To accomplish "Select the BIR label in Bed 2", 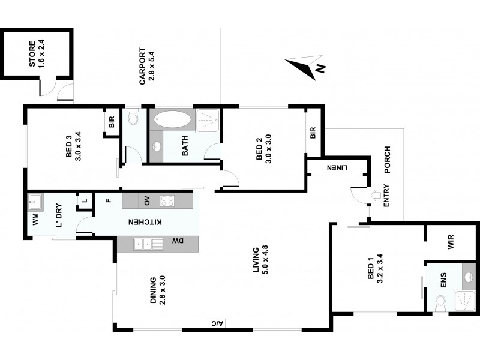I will coord(313,133).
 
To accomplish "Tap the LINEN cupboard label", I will coord(336,169).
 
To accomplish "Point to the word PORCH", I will coord(387,160).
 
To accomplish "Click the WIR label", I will coord(451,242).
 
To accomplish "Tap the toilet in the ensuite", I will coord(440,303).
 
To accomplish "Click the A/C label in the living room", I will coord(216,323).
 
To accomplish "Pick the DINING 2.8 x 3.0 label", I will coord(157,292).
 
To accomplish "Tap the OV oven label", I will coord(146,200).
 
